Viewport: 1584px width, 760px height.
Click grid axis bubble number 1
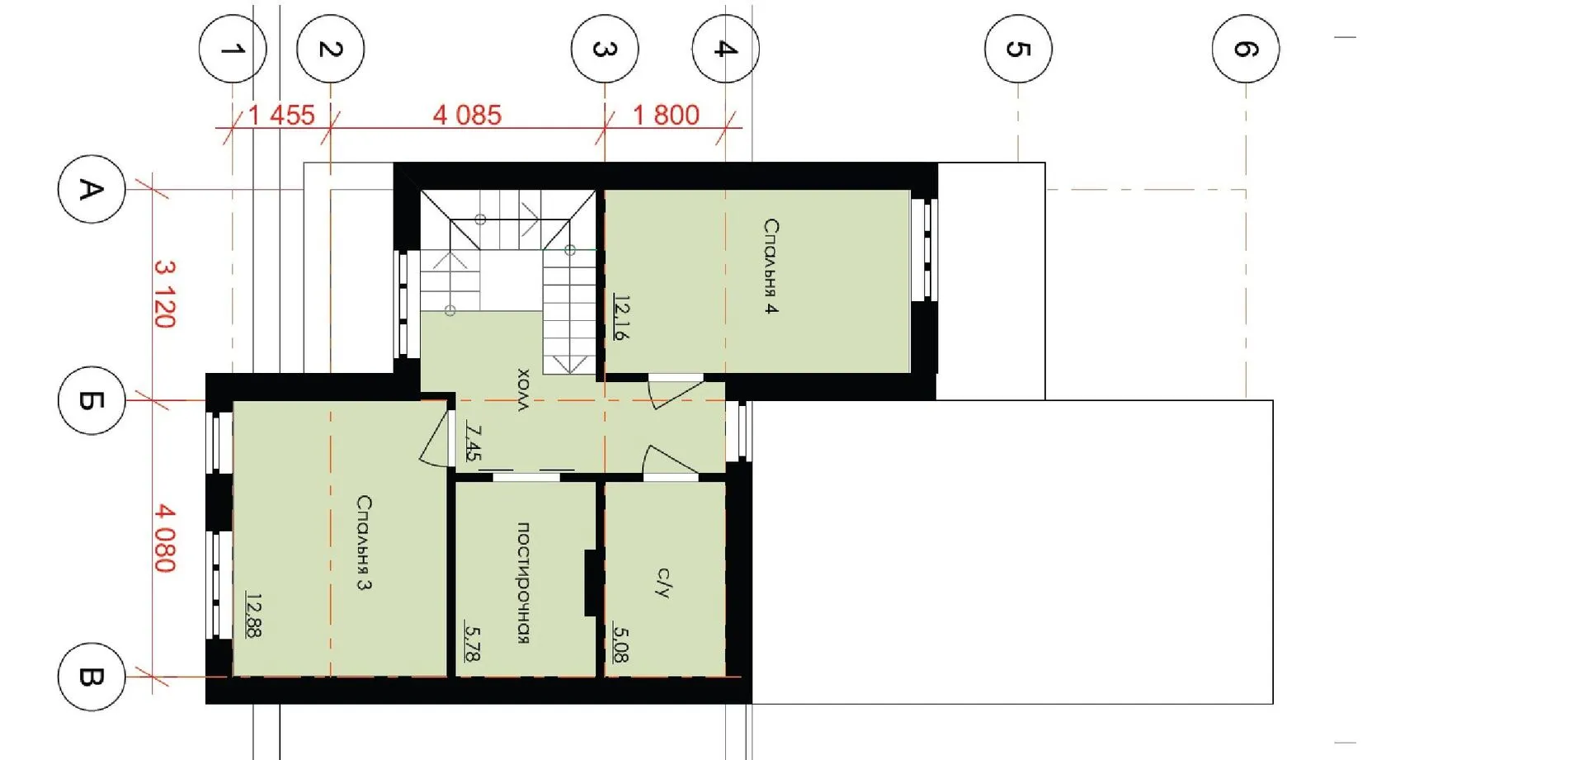233,49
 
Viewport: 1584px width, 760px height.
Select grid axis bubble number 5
1018,49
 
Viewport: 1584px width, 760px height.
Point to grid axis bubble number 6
1246,49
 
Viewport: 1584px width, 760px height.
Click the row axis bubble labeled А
92,189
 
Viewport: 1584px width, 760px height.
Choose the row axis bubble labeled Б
92,400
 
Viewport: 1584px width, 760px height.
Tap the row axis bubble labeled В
92,677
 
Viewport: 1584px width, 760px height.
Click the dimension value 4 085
467,115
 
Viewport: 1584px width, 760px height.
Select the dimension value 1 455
281,115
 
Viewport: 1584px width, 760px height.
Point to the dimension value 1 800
666,115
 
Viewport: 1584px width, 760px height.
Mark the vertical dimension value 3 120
165,294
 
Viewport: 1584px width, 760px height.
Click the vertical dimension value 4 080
165,539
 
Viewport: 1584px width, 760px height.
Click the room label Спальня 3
364,542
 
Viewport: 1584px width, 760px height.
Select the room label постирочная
523,583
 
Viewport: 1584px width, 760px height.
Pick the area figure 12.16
621,319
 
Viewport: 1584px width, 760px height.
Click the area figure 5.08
621,644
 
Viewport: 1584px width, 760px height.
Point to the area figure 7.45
473,441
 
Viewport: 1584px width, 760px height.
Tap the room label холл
523,389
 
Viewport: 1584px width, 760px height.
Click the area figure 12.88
254,615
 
